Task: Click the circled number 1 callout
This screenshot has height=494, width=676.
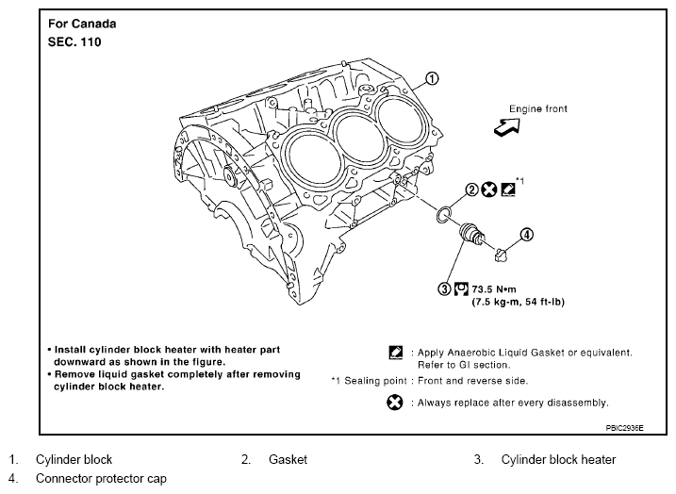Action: point(432,79)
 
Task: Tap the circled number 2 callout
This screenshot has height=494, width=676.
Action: point(471,189)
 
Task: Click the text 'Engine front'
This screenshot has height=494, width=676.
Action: point(538,109)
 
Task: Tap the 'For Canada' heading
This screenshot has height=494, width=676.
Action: point(77,22)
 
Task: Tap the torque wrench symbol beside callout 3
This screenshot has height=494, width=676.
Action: point(461,288)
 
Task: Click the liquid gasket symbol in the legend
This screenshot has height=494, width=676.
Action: point(395,354)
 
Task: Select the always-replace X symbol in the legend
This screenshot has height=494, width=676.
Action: point(395,403)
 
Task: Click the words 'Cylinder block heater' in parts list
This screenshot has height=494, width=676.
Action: point(558,460)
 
